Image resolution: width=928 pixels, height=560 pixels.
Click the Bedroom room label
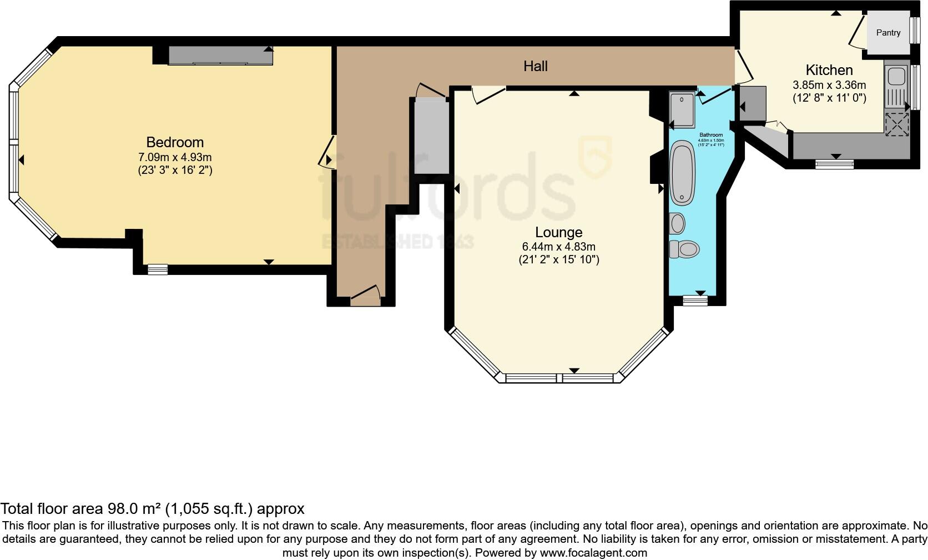(x=175, y=142)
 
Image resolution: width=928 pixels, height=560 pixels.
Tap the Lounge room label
(x=558, y=232)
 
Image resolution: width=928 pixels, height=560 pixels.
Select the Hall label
(x=536, y=67)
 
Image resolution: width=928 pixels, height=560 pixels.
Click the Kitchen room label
(x=829, y=71)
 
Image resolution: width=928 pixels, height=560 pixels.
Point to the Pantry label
(x=888, y=33)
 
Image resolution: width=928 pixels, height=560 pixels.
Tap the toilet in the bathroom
(x=684, y=249)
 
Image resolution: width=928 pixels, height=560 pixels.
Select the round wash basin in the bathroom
(x=678, y=223)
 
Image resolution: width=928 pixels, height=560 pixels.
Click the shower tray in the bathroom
(x=682, y=109)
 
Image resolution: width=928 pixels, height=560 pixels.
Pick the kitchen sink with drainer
(x=896, y=86)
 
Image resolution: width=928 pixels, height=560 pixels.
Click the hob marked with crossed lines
(x=897, y=124)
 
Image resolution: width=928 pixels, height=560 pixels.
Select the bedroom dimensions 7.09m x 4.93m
(x=175, y=157)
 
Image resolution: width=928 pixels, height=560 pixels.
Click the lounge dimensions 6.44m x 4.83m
(x=558, y=247)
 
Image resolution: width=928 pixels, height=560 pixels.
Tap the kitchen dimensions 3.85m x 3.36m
(x=829, y=86)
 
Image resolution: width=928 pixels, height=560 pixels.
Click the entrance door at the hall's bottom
(x=365, y=294)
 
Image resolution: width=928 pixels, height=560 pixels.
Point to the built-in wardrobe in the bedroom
(x=220, y=56)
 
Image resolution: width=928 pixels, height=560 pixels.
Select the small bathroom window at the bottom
(x=695, y=301)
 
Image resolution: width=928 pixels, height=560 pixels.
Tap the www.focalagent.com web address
(x=593, y=553)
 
